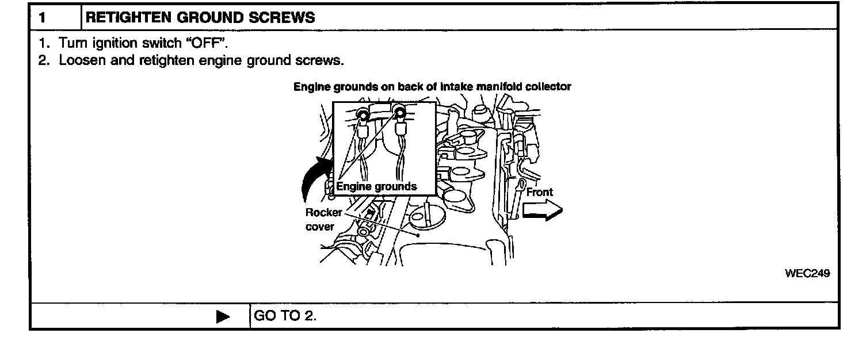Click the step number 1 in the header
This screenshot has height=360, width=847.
(42, 17)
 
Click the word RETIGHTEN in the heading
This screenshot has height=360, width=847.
(121, 17)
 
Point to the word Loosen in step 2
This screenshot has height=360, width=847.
(79, 60)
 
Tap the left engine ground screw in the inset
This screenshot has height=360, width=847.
(363, 116)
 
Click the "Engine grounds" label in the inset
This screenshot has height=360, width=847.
(376, 186)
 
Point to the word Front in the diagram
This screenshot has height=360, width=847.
(539, 193)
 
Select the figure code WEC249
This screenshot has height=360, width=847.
(807, 274)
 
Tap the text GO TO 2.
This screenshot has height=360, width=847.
(285, 317)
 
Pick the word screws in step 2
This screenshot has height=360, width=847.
(329, 60)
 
